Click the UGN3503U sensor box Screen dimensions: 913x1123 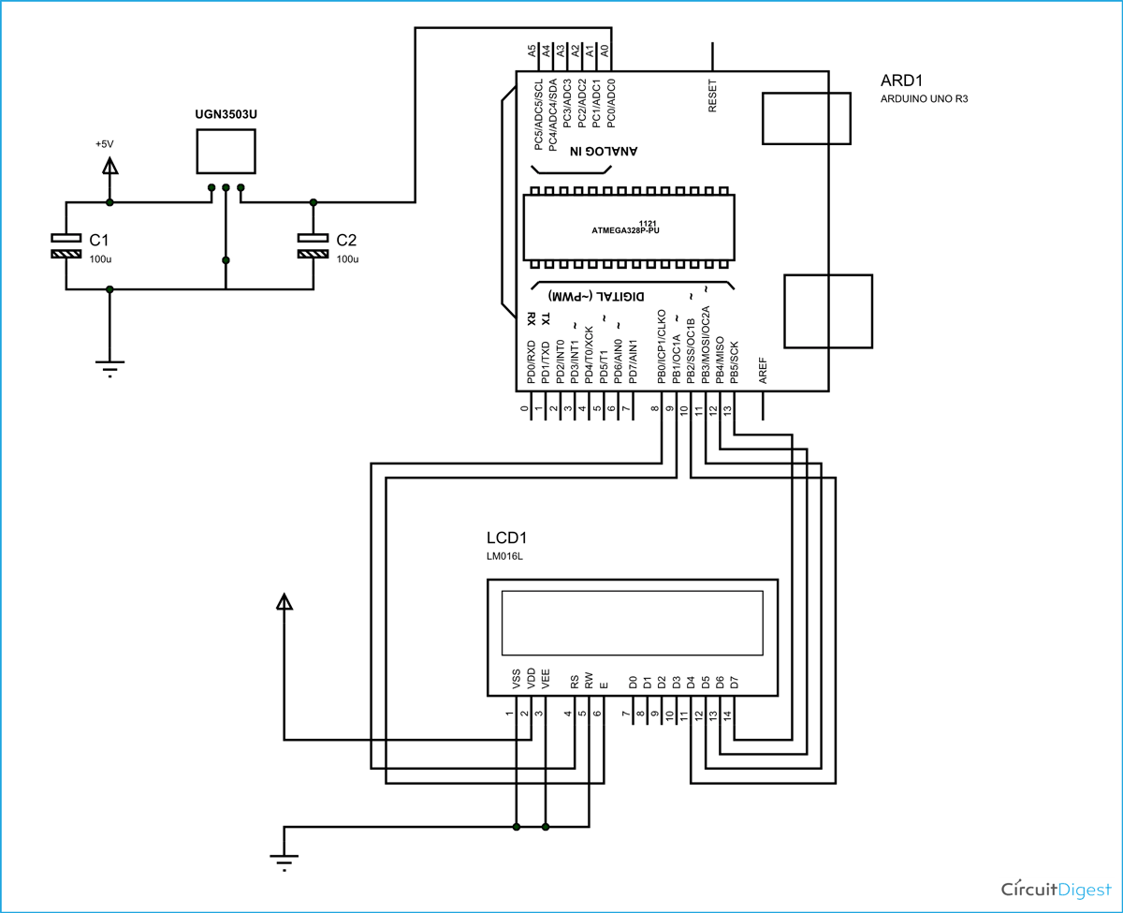click(x=226, y=152)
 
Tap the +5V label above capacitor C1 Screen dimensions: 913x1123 click(x=104, y=144)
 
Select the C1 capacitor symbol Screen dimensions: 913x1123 click(x=66, y=245)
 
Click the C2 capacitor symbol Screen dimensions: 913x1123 click(x=314, y=245)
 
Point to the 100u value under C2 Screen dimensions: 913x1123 click(x=347, y=258)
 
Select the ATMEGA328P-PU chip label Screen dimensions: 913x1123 click(x=633, y=229)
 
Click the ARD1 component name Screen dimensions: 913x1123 click(x=903, y=80)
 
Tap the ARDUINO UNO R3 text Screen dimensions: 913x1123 click(x=924, y=98)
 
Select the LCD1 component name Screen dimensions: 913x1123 click(x=507, y=538)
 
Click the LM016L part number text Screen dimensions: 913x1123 click(x=504, y=557)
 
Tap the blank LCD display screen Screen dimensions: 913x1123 click(x=633, y=623)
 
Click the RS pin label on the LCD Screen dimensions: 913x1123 click(x=575, y=681)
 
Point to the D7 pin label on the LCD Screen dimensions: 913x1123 click(x=735, y=681)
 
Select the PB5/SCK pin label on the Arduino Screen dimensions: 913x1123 click(x=735, y=360)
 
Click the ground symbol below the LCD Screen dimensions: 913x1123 click(x=284, y=860)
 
